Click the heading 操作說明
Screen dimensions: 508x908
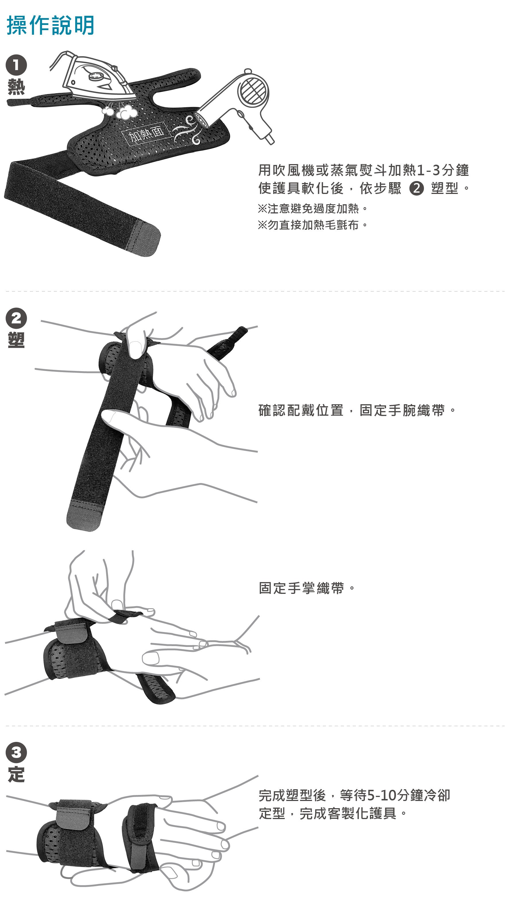coord(51,25)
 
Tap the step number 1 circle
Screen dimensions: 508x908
coord(16,65)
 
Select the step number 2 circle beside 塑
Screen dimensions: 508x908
coord(16,318)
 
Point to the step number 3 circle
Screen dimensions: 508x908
coord(16,753)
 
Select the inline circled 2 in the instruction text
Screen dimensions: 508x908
coord(416,188)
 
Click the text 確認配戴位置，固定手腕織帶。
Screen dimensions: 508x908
coord(357,410)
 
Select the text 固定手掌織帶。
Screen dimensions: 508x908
coord(307,588)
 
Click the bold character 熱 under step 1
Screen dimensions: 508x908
coord(16,87)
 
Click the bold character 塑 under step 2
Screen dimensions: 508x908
coord(16,340)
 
